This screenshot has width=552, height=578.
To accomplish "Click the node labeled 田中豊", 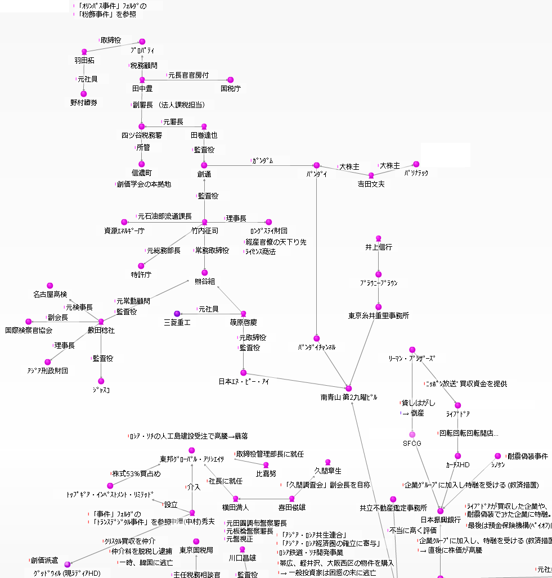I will click(142, 89).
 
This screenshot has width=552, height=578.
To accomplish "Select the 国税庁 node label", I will click(230, 89).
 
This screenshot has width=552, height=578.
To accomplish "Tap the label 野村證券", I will click(84, 103).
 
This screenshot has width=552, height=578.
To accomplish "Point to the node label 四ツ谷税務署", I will click(142, 136).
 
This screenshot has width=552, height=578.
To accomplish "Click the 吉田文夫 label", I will click(371, 184).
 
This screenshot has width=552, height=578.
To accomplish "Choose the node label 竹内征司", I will click(204, 231).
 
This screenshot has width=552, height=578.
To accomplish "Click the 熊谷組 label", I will click(204, 281).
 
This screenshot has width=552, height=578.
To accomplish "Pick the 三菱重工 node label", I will click(177, 322).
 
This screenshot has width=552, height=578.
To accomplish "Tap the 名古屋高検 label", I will click(50, 295).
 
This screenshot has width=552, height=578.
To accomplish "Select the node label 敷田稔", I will click(101, 331).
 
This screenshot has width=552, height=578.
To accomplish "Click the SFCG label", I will click(412, 444).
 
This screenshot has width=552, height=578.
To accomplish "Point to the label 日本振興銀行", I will click(441, 520).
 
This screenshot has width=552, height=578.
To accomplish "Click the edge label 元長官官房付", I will click(189, 75).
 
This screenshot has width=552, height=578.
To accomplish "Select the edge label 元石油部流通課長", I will click(164, 216).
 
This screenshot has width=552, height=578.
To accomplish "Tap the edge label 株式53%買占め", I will click(136, 474).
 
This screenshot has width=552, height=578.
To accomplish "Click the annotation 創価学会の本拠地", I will click(144, 184).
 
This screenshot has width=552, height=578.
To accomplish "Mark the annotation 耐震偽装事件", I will click(527, 457).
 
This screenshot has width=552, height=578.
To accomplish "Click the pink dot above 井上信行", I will click(378, 238).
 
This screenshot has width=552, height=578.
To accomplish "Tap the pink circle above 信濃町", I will click(142, 164).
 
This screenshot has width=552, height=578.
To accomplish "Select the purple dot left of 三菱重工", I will click(177, 313).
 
